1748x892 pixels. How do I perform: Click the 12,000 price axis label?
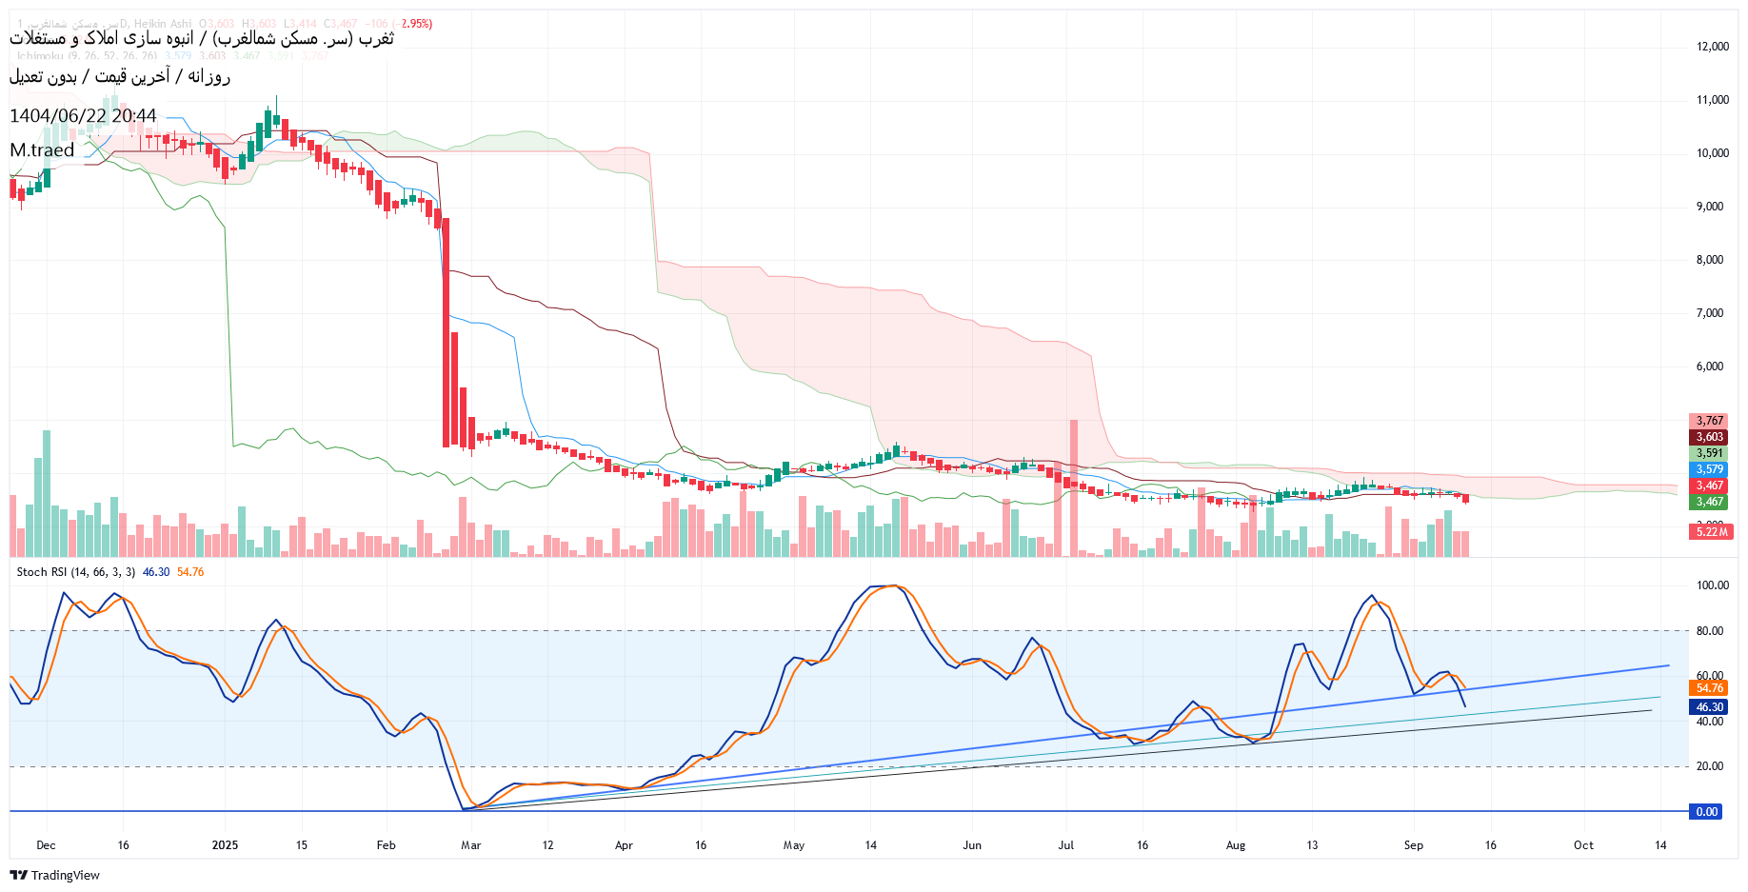point(1712,47)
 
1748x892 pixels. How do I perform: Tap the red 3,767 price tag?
point(1709,421)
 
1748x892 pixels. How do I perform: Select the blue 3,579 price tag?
point(1709,469)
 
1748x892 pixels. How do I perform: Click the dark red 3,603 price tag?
point(1709,437)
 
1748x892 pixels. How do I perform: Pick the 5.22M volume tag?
point(1711,532)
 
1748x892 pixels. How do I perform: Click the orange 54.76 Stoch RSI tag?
point(1709,688)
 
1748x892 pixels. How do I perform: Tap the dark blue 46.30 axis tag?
point(1709,707)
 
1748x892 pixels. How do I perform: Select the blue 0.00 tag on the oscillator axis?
point(1706,812)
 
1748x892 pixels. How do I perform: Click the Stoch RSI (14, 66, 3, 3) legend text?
point(76,572)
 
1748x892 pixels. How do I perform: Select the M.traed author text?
point(42,150)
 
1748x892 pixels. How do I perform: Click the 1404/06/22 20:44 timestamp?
point(83,116)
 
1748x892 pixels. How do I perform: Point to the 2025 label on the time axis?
point(225,845)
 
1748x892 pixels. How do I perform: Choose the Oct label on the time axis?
point(1583,845)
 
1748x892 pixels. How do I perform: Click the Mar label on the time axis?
point(470,845)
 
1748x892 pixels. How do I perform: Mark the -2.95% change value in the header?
point(416,24)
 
